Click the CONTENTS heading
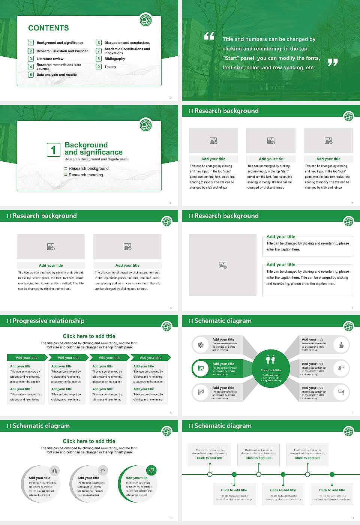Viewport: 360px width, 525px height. point(48,28)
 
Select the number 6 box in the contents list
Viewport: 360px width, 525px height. point(99,43)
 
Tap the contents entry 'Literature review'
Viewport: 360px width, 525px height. point(50,59)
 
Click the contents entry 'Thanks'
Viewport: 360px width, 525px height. point(110,67)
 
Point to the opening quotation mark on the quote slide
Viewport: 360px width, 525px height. point(209,36)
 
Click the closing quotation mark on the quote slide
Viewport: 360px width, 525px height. point(333,63)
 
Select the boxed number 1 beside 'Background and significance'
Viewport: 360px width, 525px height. point(53,150)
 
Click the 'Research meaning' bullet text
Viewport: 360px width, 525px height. point(85,175)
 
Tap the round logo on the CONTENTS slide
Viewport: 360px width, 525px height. point(145,20)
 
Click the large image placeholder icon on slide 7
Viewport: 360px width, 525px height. point(223,265)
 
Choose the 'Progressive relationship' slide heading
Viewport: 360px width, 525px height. point(48,321)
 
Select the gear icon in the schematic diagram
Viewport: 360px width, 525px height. point(201,345)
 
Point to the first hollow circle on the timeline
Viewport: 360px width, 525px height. point(210,474)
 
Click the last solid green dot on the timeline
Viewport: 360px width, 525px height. point(332,474)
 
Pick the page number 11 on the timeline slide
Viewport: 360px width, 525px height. point(352,518)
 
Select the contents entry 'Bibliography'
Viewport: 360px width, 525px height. point(115,59)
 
